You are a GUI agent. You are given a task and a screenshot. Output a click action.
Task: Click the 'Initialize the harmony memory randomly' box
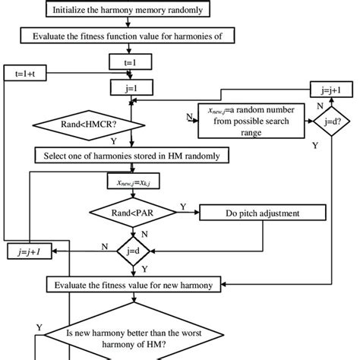point(132,11)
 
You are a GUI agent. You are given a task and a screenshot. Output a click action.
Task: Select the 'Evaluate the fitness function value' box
point(132,35)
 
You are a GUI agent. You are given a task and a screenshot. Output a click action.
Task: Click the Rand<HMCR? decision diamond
point(90,121)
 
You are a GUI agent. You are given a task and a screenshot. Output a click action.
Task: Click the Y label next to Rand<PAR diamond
point(182,205)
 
